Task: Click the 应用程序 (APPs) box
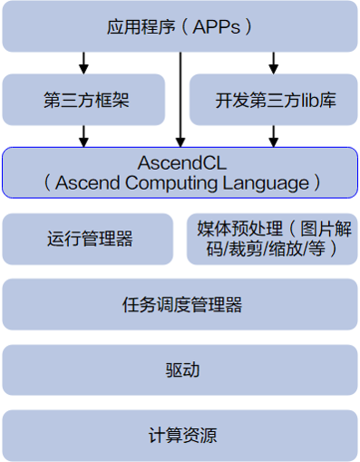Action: (180, 26)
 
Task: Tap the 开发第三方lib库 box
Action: (275, 99)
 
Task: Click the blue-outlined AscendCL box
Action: (180, 172)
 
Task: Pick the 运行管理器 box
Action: (89, 239)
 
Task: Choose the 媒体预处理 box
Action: (272, 239)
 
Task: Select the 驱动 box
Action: (180, 370)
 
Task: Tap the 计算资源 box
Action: (180, 435)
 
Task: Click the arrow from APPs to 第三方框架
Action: (84, 63)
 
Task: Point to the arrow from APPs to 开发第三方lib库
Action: (273, 63)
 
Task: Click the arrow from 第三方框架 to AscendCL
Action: (84, 135)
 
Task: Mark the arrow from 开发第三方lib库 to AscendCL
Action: (273, 135)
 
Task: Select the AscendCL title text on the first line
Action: (180, 162)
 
